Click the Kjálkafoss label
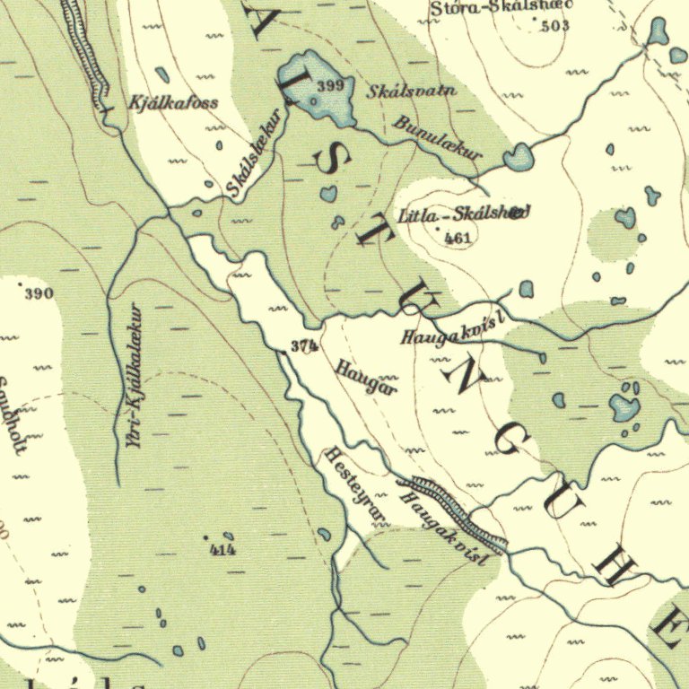(x=173, y=102)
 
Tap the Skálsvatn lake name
(x=413, y=91)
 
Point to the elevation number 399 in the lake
(x=330, y=86)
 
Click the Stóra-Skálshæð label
(x=501, y=8)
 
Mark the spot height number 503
(x=555, y=26)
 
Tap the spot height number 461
(x=457, y=238)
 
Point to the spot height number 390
(x=39, y=293)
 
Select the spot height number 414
(x=222, y=549)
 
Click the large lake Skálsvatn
(x=314, y=90)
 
